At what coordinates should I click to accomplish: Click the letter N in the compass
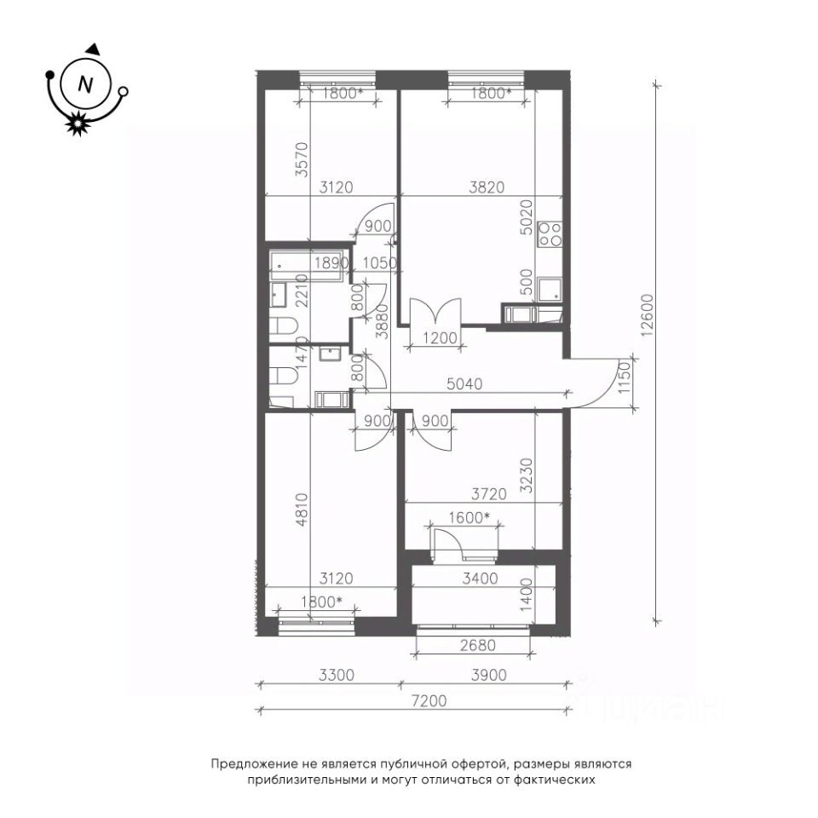point(85,84)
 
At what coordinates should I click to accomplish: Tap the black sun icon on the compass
point(77,124)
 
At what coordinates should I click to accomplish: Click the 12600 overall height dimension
point(647,316)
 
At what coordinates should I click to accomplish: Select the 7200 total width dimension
point(429,700)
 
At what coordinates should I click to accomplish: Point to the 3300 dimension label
point(337,675)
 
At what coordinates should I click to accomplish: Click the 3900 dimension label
point(489,675)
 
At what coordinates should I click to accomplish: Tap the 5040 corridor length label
point(465,384)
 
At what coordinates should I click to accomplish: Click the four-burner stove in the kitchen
point(550,233)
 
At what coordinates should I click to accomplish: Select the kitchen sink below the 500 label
point(550,290)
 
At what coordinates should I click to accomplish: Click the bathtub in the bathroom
point(308,266)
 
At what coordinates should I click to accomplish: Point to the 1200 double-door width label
point(440,338)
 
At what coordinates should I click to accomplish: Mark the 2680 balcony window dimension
point(478,645)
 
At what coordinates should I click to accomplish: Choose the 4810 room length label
point(302,510)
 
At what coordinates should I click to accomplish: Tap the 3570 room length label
point(302,159)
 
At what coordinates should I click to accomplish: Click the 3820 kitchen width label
point(487,187)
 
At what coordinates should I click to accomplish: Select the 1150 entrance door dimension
point(625,378)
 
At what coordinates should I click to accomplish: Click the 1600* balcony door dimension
point(469,517)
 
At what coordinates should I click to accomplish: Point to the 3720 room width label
point(489,493)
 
